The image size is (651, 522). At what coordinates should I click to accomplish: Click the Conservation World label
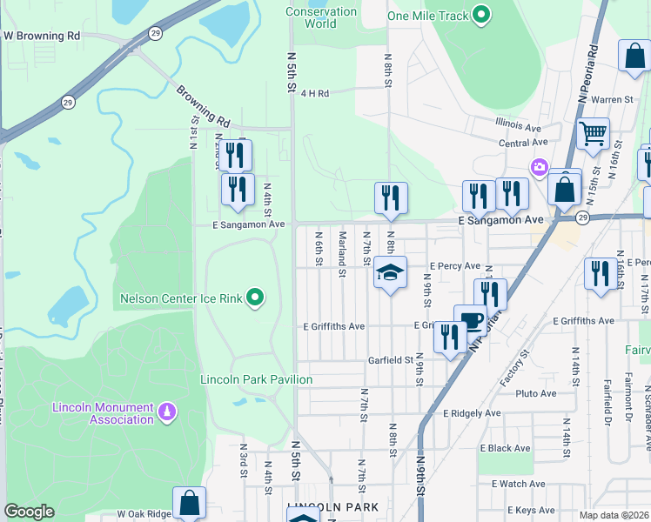click(x=321, y=17)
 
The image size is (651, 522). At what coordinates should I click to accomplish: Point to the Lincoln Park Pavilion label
click(x=256, y=379)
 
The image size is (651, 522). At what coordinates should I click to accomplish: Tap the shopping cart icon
click(x=593, y=134)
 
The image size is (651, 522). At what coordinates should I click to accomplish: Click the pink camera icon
click(x=540, y=166)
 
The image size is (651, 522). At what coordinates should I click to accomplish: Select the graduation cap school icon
click(x=391, y=272)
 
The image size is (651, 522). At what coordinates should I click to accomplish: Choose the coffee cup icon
click(x=471, y=319)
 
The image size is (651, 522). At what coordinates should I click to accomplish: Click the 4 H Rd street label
click(x=314, y=93)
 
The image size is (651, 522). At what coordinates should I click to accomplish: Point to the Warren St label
click(x=612, y=100)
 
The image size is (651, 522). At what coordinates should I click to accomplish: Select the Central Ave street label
click(x=523, y=142)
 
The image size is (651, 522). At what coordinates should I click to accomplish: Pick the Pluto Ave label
click(x=536, y=394)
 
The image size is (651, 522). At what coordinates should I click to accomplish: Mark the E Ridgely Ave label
click(x=472, y=413)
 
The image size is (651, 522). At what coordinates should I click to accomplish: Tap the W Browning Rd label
click(x=42, y=37)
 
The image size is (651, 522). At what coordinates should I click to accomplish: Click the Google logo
click(x=30, y=512)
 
